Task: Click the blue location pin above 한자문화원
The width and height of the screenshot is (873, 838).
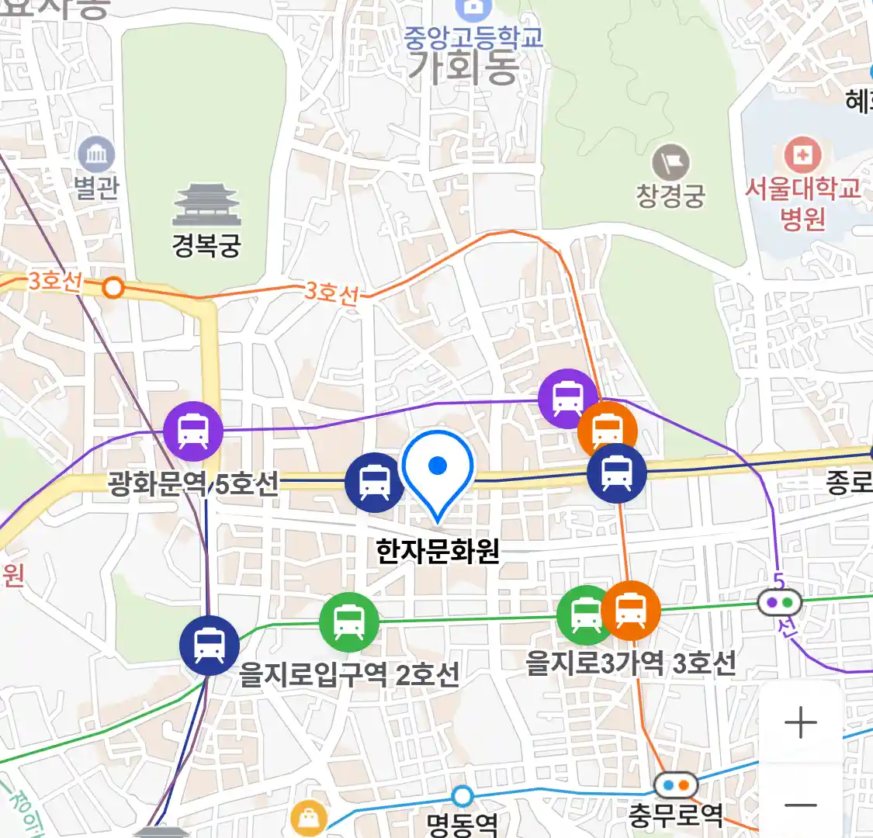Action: pos(438,470)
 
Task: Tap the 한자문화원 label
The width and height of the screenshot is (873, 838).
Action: pos(438,552)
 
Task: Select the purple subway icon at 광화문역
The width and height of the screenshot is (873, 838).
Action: pos(193,431)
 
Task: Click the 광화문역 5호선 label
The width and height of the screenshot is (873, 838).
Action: pos(193,485)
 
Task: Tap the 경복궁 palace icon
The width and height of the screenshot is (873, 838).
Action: pos(206,205)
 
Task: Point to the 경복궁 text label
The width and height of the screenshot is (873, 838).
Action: pos(206,246)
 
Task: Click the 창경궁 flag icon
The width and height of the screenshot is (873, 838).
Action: pos(671,163)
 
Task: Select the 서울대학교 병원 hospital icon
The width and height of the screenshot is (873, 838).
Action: pos(802,156)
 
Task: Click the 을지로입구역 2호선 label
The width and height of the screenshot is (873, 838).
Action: pos(349,674)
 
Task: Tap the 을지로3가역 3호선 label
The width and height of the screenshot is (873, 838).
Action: pos(630,663)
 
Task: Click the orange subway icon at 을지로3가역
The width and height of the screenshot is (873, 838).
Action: pos(631,610)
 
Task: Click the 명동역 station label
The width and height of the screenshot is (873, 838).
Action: pos(462,822)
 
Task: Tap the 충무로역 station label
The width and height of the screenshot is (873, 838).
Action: pos(676,815)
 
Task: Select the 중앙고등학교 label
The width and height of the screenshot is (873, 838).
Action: pos(473,37)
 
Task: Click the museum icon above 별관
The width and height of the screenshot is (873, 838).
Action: pos(96,156)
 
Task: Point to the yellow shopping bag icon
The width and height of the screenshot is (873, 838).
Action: pos(309,819)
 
